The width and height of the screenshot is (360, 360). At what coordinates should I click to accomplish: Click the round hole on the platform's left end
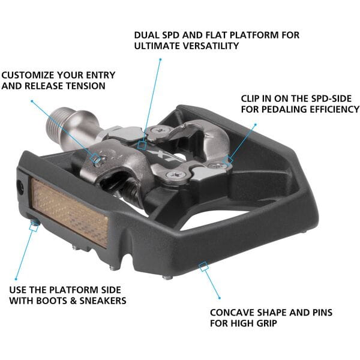coord(20,188)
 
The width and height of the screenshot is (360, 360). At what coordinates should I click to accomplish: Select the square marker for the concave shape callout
coord(204,265)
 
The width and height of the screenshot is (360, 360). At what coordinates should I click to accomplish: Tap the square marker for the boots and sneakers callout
coord(33,224)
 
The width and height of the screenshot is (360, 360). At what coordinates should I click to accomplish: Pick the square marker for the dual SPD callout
coord(142,144)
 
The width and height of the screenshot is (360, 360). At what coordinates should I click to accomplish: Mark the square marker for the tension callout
coord(94,158)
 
